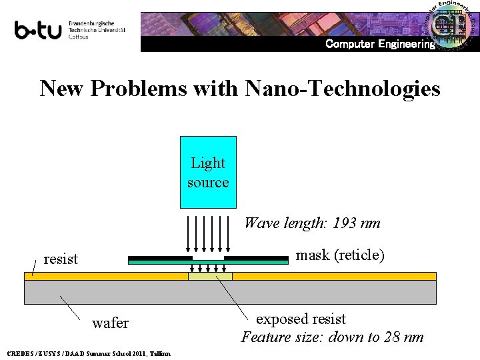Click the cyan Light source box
pyautogui.click(x=208, y=172)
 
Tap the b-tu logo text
pyautogui.click(x=39, y=30)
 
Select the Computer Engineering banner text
pyautogui.click(x=379, y=45)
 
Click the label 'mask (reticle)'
pyautogui.click(x=340, y=255)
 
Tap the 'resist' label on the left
pyautogui.click(x=61, y=259)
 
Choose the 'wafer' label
pyautogui.click(x=110, y=323)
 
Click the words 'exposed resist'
pyautogui.click(x=301, y=319)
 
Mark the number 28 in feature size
pyautogui.click(x=395, y=337)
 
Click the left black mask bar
pyautogui.click(x=159, y=258)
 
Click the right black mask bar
pyautogui.click(x=256, y=258)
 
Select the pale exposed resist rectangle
pyautogui.click(x=210, y=276)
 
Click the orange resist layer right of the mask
pyautogui.click(x=333, y=276)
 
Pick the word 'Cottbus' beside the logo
pyautogui.click(x=79, y=37)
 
